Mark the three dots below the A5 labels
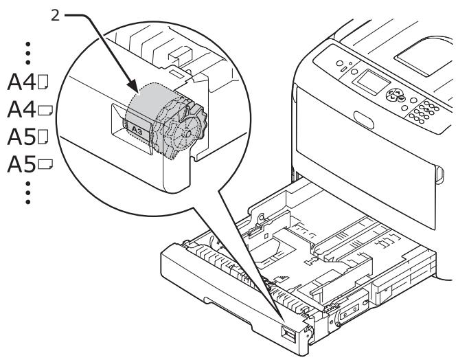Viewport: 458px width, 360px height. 28,193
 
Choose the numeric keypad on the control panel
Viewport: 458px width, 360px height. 426,111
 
